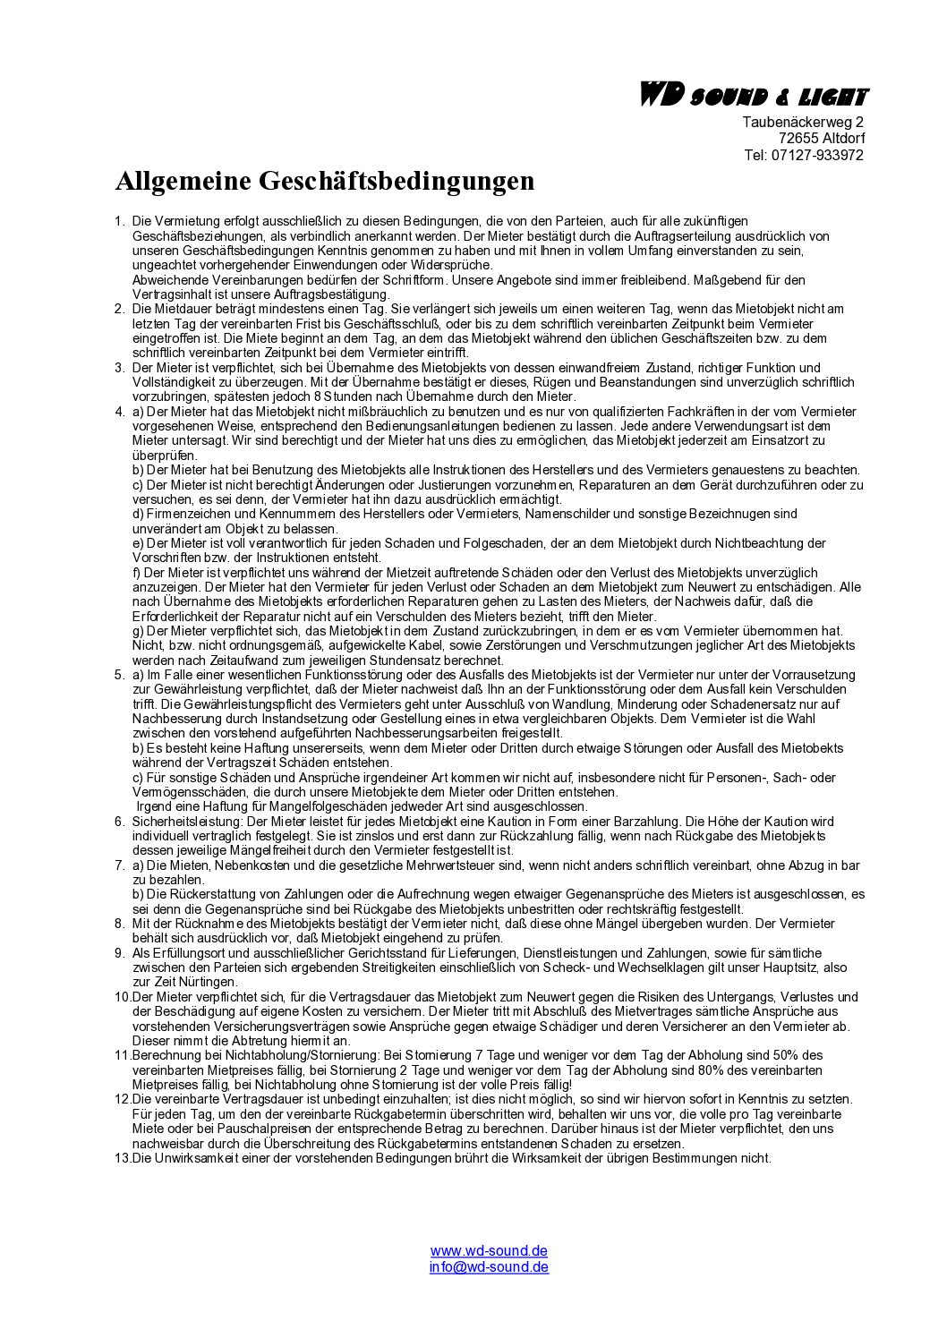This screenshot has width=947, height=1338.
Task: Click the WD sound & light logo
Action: click(x=751, y=96)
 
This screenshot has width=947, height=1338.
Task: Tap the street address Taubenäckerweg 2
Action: click(x=803, y=122)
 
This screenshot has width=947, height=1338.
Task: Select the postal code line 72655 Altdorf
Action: click(x=822, y=138)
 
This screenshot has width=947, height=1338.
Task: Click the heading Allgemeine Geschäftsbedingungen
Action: click(x=324, y=181)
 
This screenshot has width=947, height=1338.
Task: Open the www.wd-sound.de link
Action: click(x=489, y=1251)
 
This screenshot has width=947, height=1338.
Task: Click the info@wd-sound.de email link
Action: click(x=489, y=1266)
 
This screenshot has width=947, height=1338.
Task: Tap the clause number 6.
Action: click(x=119, y=822)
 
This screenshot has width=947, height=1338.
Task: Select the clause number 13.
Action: click(x=123, y=1158)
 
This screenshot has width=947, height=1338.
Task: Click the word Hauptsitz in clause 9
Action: click(x=790, y=967)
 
